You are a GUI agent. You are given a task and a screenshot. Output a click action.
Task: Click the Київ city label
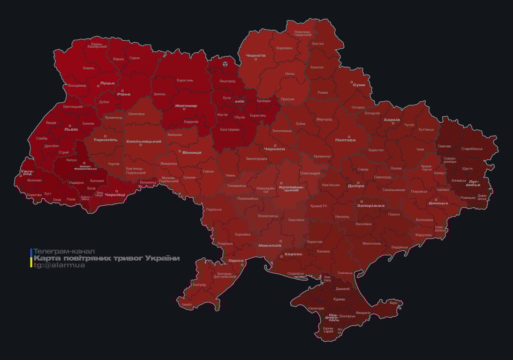point(239,101)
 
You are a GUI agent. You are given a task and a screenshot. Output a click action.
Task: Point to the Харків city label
point(392,120)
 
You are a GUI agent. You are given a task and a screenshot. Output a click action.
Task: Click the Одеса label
point(236,261)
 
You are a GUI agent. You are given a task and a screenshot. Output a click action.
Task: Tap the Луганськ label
point(473,184)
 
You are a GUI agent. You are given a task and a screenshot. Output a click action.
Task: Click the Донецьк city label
point(438,203)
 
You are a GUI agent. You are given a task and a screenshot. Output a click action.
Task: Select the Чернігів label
point(256,55)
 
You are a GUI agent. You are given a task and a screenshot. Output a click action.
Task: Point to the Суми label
point(359,85)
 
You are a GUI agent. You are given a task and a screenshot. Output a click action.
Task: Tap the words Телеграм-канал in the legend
point(64,251)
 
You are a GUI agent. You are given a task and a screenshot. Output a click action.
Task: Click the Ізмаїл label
point(187,304)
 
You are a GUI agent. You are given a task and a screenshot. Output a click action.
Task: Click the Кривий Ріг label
point(319,206)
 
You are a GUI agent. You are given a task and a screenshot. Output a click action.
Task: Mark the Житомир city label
point(186,106)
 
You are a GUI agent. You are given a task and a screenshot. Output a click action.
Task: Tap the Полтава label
point(345,140)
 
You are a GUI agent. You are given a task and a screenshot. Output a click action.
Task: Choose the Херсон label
point(293,254)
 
